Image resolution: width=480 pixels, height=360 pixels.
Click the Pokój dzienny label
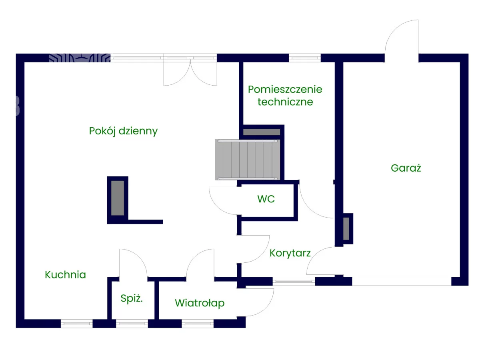pos(123,131)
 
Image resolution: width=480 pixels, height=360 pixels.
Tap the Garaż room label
pos(406,168)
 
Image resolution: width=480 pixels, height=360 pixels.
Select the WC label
pos(266,199)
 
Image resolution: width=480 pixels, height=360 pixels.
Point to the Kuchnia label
pos(65,275)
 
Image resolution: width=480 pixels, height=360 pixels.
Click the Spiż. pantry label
pos(132,298)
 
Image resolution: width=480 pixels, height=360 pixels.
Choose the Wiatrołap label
pos(200,303)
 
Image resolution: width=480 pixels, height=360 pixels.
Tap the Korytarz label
pos(290,253)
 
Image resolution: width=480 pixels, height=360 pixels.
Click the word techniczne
pos(285,102)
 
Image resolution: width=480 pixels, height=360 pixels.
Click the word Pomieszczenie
pos(285,89)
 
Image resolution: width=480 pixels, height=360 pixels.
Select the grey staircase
pos(247,160)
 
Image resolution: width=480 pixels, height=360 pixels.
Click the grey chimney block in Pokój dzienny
pos(118,198)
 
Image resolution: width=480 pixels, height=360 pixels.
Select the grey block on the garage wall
pos(346,228)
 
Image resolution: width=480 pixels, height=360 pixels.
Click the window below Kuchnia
pos(76,323)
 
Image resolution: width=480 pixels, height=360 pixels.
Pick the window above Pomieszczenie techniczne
pos(305,58)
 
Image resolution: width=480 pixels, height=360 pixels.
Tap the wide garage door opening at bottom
pos(401,282)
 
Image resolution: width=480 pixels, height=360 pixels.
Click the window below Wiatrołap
pos(198,323)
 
